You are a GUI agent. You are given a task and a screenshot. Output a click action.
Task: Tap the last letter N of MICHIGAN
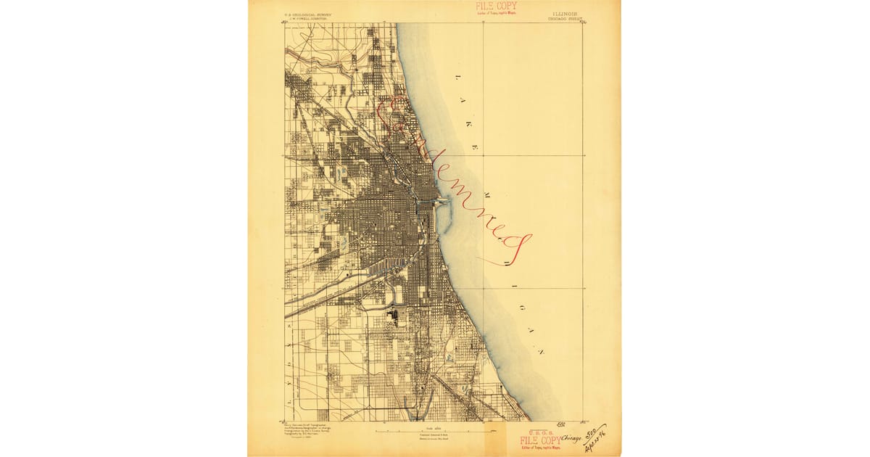pos(541,352)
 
